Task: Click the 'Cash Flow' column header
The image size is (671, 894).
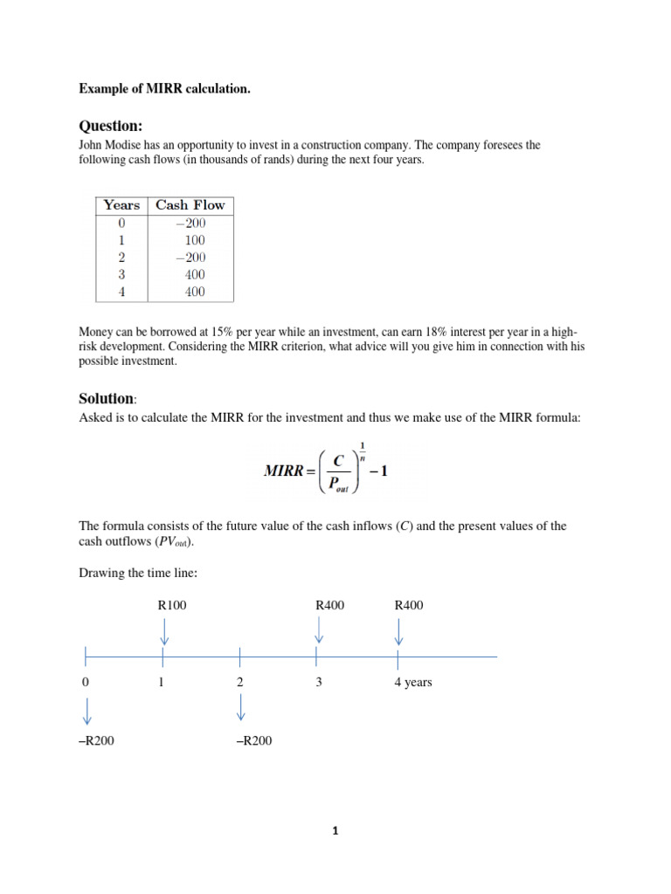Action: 190,205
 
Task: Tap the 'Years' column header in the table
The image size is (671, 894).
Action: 121,205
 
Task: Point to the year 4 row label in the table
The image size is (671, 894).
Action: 121,292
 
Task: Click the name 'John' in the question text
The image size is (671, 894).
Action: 93,145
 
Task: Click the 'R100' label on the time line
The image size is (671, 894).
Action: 172,605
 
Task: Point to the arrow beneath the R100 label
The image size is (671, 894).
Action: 164,631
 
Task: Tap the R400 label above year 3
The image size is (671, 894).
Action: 329,605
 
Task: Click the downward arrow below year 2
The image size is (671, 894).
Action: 240,707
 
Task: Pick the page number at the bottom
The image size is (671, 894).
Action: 335,831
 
